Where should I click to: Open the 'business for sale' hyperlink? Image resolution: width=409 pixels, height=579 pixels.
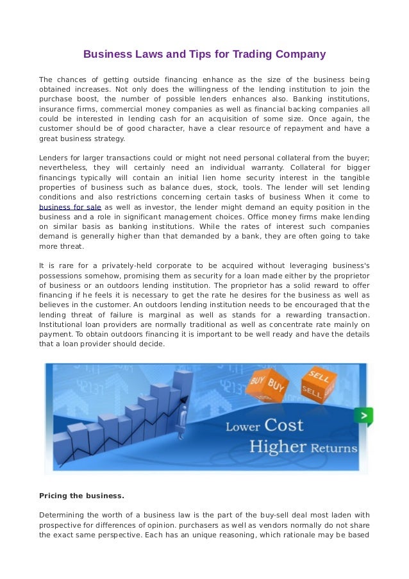pos(70,207)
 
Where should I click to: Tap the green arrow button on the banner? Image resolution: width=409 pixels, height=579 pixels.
pos(363,416)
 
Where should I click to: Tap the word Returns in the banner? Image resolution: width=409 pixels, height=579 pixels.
pos(334,448)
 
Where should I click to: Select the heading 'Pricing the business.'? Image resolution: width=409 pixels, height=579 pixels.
pos(81,496)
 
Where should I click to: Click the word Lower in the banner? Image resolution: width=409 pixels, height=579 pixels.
pos(242,427)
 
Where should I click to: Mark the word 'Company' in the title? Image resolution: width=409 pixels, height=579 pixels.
pos(301,55)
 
